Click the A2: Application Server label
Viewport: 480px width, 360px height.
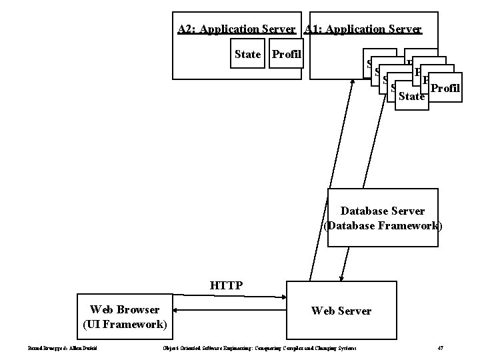pyautogui.click(x=237, y=29)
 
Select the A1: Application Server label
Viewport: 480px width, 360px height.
pyautogui.click(x=363, y=29)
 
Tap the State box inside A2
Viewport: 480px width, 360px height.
pyautogui.click(x=248, y=55)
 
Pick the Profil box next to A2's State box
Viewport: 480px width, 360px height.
pyautogui.click(x=286, y=55)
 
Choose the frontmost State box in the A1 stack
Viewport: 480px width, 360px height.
pyautogui.click(x=411, y=97)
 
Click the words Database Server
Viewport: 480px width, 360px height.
pyautogui.click(x=382, y=211)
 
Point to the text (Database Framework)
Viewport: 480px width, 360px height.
pyautogui.click(x=382, y=225)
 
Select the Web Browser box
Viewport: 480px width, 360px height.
pyautogui.click(x=125, y=316)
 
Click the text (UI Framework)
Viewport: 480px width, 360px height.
pyautogui.click(x=125, y=324)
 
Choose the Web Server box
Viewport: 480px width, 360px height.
pyautogui.click(x=341, y=311)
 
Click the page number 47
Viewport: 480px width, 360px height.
pyautogui.click(x=441, y=348)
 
